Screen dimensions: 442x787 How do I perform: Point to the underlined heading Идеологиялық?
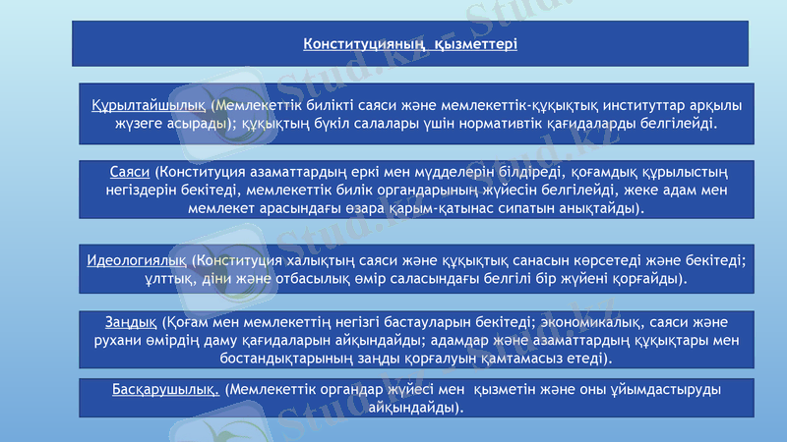click(x=137, y=260)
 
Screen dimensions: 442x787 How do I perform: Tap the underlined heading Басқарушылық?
click(x=165, y=390)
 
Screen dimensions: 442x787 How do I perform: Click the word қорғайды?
click(x=649, y=279)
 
